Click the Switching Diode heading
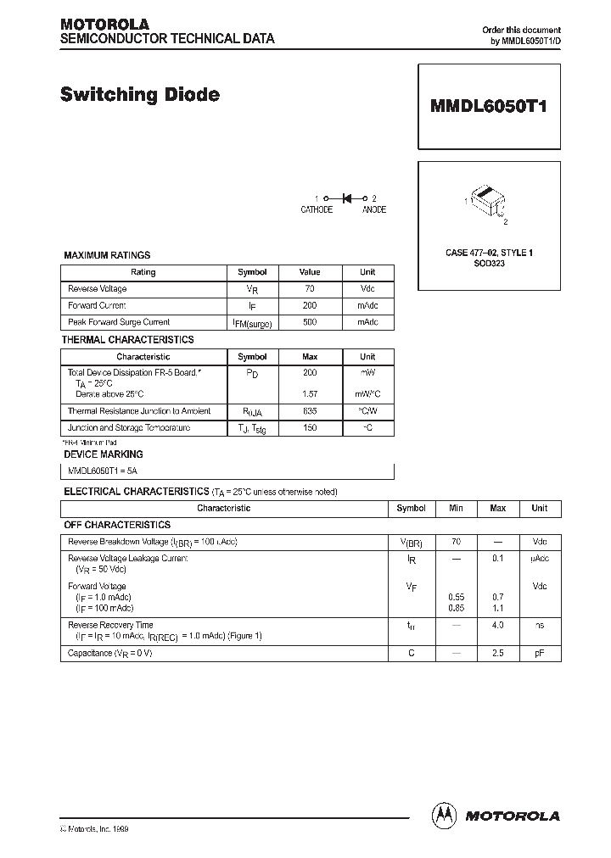pos(139,95)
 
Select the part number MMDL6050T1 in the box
pos(489,108)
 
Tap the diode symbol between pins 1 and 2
pos(347,198)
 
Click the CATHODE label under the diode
pos(317,210)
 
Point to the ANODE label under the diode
pos(374,210)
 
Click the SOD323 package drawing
pos(487,201)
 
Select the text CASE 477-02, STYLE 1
pos(489,253)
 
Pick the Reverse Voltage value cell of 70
pos(310,289)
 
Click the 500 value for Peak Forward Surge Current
pos(310,322)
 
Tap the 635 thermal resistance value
pos(310,411)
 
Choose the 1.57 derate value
pos(310,394)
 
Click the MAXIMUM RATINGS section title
pos(107,255)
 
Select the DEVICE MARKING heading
pos(99,454)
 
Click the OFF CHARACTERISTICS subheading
pos(117,525)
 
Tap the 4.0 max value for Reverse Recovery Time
pos(497,626)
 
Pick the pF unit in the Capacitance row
pos(540,654)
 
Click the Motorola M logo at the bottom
pos(445,815)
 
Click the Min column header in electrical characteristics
pos(456,508)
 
